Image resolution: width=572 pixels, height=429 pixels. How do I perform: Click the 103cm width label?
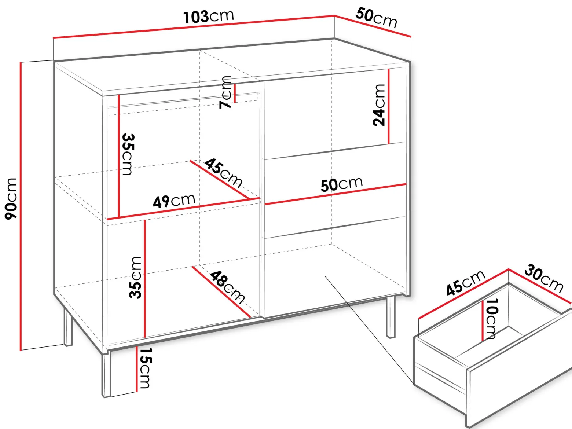[x=209, y=16]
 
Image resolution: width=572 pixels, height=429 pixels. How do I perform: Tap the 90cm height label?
[x=11, y=199]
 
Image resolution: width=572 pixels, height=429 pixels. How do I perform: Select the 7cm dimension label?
[x=225, y=92]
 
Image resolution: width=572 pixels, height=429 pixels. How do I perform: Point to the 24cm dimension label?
[x=379, y=105]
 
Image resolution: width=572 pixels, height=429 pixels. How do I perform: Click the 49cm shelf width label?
[x=174, y=201]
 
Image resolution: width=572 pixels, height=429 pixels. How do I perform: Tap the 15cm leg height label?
[x=145, y=368]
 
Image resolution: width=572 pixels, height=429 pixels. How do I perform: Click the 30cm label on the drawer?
[x=544, y=279]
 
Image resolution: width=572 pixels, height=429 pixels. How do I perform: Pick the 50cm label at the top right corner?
[x=376, y=18]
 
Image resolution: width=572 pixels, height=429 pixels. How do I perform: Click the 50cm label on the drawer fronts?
[x=342, y=184]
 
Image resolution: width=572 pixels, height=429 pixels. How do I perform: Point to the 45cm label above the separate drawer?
[x=465, y=283]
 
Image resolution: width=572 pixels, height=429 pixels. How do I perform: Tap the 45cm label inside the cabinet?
[x=223, y=173]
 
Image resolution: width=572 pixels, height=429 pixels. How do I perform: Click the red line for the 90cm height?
[x=21, y=206]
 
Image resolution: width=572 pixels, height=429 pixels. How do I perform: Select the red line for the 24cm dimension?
[x=388, y=106]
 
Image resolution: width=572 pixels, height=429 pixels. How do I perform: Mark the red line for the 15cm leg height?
[x=136, y=369]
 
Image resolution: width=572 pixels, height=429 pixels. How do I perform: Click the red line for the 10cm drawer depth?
[x=483, y=320]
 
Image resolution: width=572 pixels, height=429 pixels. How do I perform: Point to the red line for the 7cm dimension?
[x=235, y=93]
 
